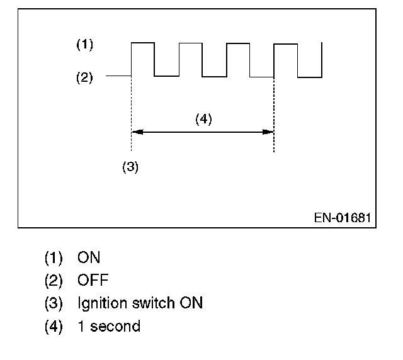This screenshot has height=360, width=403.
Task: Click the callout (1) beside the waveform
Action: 84,45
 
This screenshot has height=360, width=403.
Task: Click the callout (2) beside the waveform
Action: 84,78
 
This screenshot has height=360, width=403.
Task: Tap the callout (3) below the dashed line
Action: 130,167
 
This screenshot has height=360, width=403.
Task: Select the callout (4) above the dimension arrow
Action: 203,119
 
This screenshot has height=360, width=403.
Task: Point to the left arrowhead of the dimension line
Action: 135,132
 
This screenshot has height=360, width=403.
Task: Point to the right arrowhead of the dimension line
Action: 269,132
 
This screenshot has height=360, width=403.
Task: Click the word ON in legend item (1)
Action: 89,257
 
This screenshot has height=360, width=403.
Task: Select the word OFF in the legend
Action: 92,280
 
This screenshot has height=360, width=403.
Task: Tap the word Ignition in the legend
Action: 101,303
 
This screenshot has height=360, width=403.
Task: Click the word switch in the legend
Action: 154,303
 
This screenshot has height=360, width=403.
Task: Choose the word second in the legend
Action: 115,327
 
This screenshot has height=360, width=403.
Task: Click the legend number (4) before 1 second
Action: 54,327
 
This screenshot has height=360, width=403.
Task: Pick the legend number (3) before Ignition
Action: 54,303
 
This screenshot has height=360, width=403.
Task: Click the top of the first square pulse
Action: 142,43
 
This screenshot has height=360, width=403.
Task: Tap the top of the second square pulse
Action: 190,43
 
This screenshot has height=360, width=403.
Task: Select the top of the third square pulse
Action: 238,43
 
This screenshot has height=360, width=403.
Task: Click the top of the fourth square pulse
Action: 286,43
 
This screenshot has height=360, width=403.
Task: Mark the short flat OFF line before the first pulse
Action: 118,76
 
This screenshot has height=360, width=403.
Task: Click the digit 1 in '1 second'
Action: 80,327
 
